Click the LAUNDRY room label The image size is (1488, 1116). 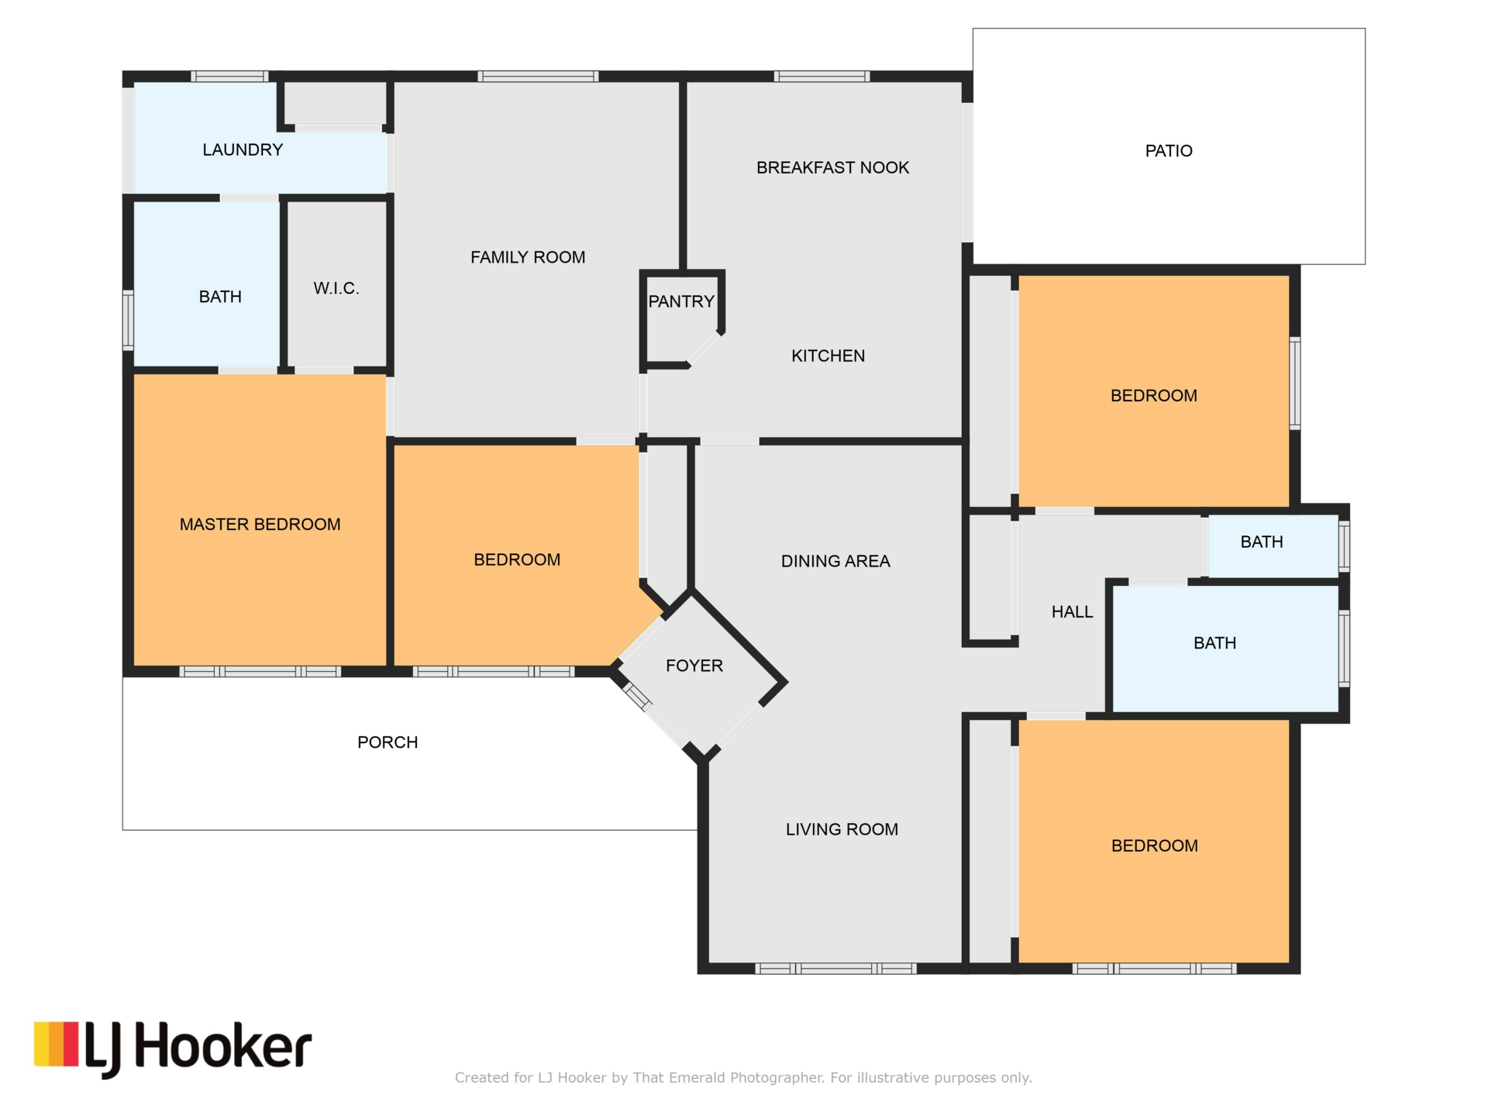coord(243,150)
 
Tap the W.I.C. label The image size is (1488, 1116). coord(336,288)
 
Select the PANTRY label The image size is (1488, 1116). coord(681,301)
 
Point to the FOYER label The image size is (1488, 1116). coord(694,666)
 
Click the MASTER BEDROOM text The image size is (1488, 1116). coord(260,525)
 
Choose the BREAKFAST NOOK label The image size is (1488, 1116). coord(833,167)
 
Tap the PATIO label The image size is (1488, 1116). coord(1169,151)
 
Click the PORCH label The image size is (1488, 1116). coord(387,742)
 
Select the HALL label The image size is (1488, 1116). coord(1073,612)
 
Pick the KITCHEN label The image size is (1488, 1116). coord(828,356)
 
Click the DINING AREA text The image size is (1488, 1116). coord(835,561)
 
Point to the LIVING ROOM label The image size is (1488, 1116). coord(842,829)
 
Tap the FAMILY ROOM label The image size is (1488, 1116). coord(528,257)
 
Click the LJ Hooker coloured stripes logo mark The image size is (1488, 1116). coord(57,1044)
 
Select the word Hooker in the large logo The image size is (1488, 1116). coord(224,1046)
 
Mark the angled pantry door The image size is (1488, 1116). coord(704,349)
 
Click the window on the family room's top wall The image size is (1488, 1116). coord(538,76)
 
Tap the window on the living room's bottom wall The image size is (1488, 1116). coord(836,968)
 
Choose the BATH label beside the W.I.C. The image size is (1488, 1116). coord(220,297)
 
